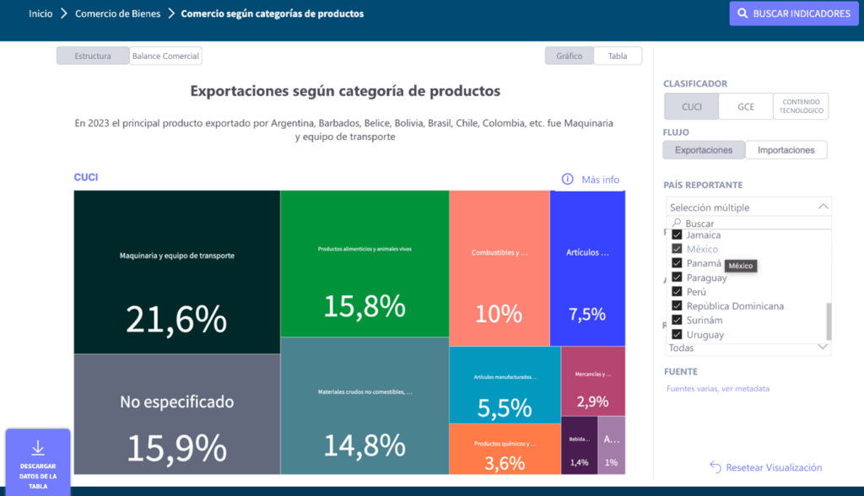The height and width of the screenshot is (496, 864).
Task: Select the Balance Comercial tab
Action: (x=165, y=57)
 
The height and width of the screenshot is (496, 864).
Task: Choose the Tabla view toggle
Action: (x=618, y=57)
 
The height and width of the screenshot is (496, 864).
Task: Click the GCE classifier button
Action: (x=746, y=106)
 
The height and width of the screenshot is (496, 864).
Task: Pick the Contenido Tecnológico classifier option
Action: (x=801, y=106)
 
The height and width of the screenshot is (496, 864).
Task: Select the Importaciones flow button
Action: (x=786, y=150)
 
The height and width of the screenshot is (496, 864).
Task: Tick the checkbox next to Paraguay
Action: (x=677, y=278)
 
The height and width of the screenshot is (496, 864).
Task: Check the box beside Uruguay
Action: (x=677, y=335)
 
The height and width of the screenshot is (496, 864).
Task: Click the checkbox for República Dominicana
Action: (x=677, y=306)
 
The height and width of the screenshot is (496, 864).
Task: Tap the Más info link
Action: (x=591, y=180)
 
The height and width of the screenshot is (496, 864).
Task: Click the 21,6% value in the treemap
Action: (x=176, y=319)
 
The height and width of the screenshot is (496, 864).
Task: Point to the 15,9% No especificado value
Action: (x=176, y=447)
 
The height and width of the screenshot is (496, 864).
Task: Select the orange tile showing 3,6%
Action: (x=505, y=462)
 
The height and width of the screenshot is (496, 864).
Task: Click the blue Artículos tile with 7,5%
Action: (x=587, y=314)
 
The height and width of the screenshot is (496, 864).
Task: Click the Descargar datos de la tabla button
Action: (x=38, y=461)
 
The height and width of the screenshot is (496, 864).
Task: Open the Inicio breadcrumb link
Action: (x=40, y=14)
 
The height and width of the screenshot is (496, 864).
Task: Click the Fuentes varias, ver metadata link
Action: (x=717, y=389)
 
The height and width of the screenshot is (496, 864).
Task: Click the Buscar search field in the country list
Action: (x=751, y=224)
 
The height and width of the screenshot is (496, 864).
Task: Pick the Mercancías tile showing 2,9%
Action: (x=592, y=402)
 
